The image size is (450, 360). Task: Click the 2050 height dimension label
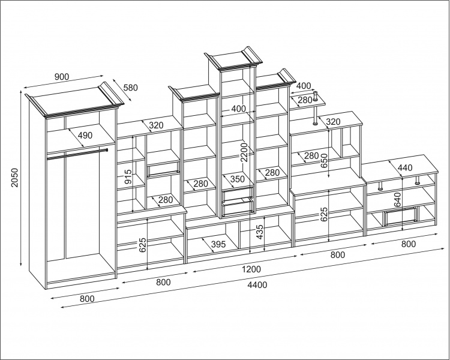point(14,178)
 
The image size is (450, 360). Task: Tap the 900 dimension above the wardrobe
point(62,77)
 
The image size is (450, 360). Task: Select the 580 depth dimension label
point(130,88)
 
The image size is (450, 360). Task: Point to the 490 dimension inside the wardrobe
point(85,135)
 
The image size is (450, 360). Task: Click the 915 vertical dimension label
point(128,177)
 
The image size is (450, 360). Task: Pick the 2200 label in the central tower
point(244,152)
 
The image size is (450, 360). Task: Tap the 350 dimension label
point(238,179)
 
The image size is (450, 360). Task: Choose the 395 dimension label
point(218,245)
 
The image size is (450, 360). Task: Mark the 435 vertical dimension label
point(259,233)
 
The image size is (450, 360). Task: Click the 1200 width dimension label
point(251,269)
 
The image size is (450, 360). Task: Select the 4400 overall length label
point(257,285)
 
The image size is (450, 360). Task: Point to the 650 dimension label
point(324,161)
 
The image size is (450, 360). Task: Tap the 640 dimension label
point(397,200)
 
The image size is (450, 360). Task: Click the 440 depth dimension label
point(404,167)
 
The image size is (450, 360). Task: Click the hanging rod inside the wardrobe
point(77,154)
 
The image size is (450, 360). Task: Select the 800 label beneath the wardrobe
point(87,299)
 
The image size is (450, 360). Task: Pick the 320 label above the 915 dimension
point(156,125)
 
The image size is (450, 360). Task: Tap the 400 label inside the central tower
point(238,109)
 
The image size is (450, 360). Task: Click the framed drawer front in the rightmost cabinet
point(401,215)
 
